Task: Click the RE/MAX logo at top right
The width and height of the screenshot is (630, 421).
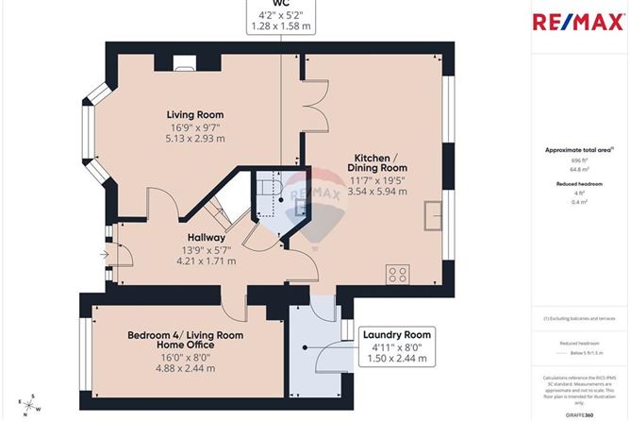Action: [x=579, y=22]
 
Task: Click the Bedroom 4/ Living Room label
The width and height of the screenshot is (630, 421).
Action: [x=186, y=335]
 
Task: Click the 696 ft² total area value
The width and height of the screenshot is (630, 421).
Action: [x=579, y=161]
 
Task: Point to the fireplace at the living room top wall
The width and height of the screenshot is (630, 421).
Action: [x=184, y=64]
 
